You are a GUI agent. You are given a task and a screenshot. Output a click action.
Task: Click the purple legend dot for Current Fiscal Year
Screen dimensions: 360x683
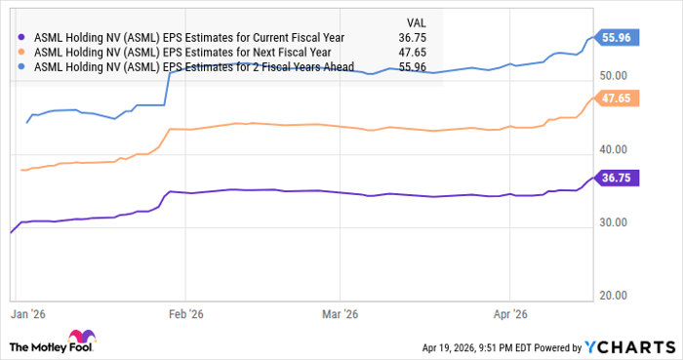22,36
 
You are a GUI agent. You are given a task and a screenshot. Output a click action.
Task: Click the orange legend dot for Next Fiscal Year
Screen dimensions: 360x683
22,52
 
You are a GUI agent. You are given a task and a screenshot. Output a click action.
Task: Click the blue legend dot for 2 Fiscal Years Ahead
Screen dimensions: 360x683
22,67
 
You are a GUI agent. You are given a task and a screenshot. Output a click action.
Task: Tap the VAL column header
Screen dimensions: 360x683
417,20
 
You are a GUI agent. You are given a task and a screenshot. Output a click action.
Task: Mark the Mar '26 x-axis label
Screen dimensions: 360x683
338,315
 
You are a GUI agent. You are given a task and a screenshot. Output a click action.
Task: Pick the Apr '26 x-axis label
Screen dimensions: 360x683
512,315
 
